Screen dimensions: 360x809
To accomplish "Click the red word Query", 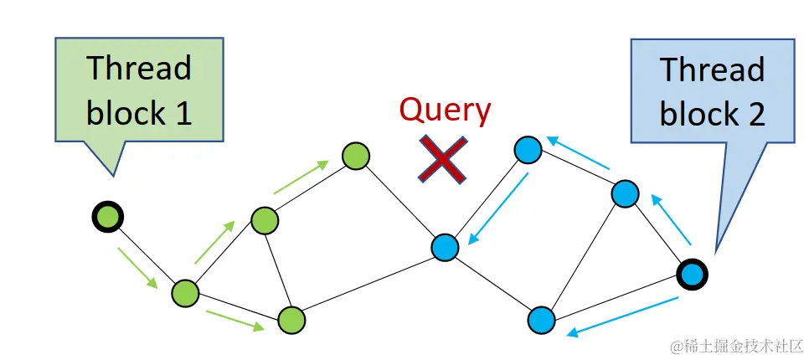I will (x=445, y=110).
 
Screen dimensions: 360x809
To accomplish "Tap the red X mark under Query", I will (x=444, y=159).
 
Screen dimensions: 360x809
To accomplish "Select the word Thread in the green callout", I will (x=139, y=69).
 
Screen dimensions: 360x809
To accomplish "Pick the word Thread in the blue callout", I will (x=712, y=69).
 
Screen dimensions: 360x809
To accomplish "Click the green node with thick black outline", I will (x=107, y=217).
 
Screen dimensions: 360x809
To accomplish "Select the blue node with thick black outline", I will (x=693, y=273).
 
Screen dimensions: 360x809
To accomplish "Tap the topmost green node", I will (x=356, y=156).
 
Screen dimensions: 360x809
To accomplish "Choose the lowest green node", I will (x=291, y=319).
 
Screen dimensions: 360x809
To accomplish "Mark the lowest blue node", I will (x=543, y=319).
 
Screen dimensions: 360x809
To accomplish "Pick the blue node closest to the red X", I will (x=446, y=247).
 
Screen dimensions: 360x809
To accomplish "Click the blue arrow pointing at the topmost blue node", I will (x=580, y=152).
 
